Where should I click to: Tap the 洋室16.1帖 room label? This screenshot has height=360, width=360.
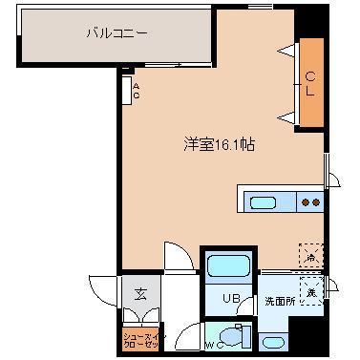(219, 146)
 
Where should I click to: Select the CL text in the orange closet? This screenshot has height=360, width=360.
(311, 84)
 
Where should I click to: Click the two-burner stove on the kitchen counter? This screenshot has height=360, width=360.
(310, 202)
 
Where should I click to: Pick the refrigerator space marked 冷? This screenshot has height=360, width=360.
(311, 254)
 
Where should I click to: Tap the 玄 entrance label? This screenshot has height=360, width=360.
(139, 294)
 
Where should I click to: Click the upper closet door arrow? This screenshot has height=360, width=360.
(283, 49)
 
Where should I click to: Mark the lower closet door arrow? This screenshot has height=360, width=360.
(283, 117)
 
